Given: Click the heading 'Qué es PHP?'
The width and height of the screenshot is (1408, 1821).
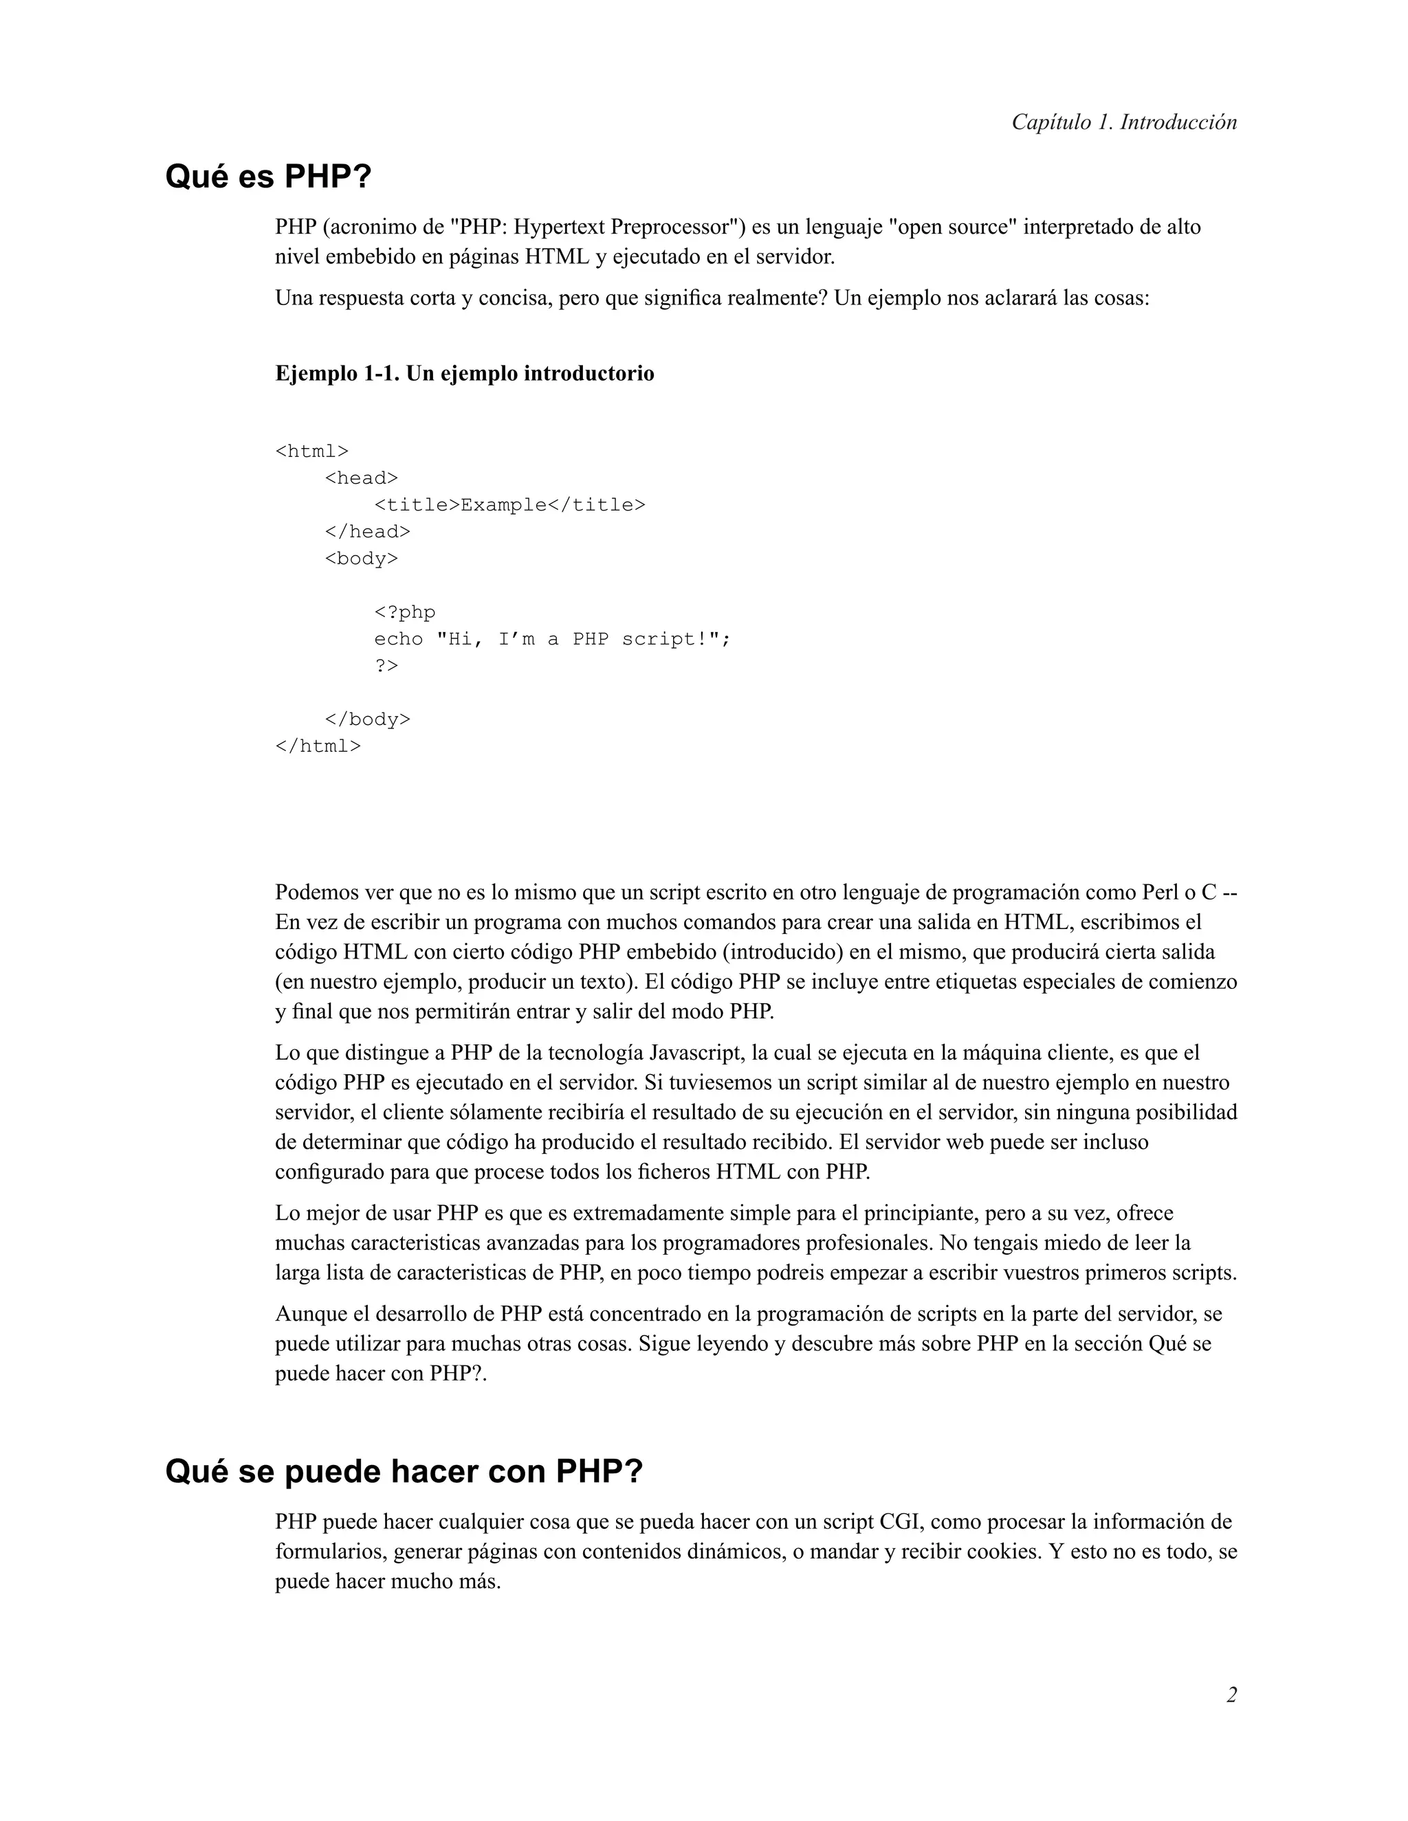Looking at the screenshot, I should [267, 177].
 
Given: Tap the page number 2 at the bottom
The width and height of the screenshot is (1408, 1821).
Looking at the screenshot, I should [1231, 1695].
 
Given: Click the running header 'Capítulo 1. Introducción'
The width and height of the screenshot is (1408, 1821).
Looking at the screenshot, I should [1123, 122].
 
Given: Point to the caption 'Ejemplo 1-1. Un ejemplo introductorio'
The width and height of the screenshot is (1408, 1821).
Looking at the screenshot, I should [465, 374].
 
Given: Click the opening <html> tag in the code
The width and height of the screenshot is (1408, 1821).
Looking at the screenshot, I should [312, 451].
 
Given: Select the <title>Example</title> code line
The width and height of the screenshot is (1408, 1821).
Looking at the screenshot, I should [509, 504].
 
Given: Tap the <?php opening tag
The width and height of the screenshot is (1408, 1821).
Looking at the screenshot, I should [404, 612].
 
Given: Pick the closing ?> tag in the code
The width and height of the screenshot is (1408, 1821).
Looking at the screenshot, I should [386, 665].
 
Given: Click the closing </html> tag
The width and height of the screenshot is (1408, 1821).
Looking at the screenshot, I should [318, 746].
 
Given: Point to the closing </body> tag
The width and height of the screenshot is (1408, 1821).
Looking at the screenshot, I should [367, 719].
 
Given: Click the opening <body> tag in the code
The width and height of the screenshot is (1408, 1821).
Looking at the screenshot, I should [361, 558].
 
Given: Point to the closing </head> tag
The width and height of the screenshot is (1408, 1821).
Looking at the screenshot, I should [367, 531].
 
